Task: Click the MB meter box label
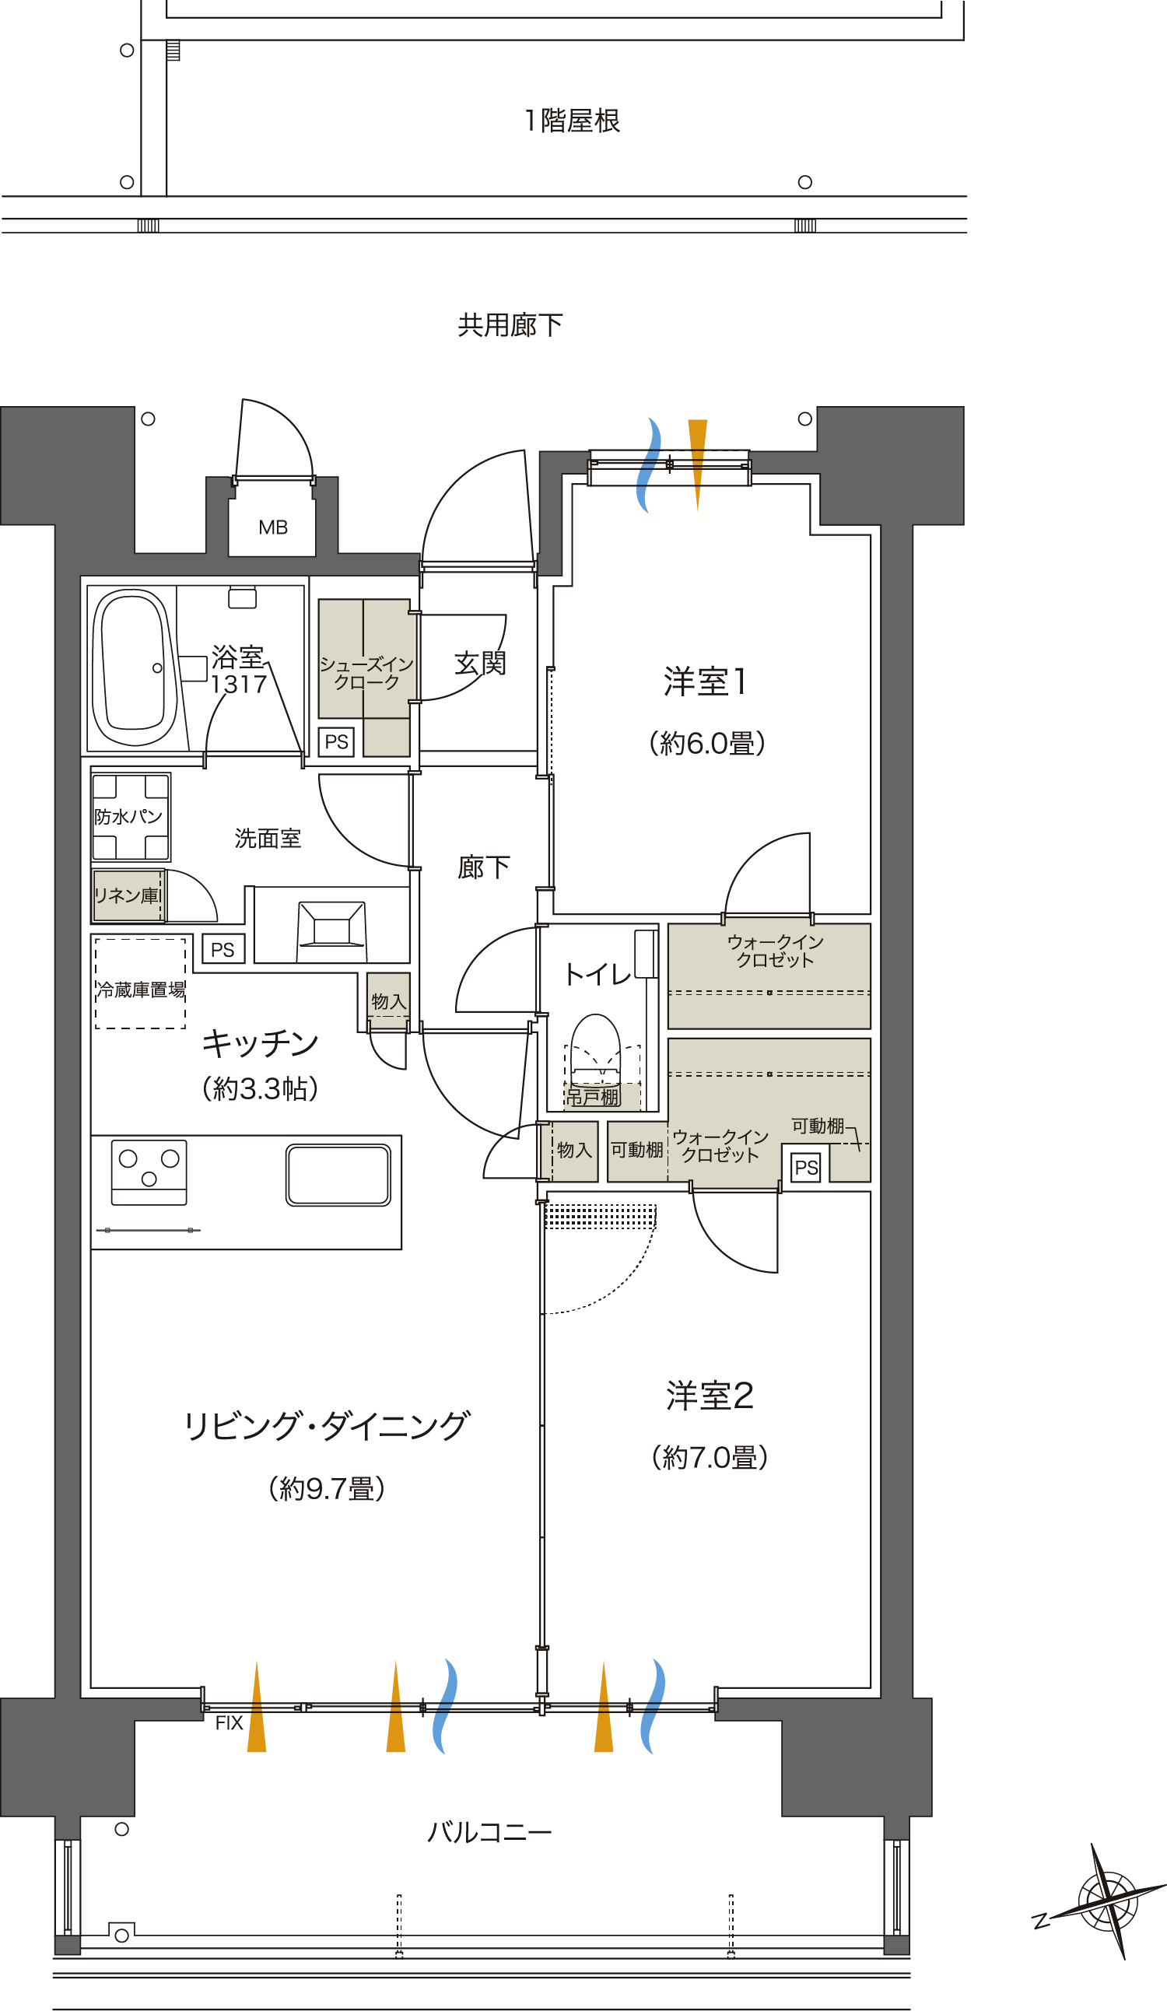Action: tap(272, 527)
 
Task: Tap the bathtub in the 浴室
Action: tap(134, 667)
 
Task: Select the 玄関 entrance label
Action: tap(480, 663)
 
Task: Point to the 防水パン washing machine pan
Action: tap(130, 816)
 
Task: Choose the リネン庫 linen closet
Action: tap(128, 895)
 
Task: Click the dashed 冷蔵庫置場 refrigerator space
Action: tap(141, 983)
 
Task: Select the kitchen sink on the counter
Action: tap(338, 1175)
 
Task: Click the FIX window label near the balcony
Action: tap(228, 1723)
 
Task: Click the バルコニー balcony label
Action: tap(489, 1831)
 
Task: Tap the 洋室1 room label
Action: tap(706, 681)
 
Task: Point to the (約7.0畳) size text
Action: tap(709, 1457)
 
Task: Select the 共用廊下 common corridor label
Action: tap(510, 324)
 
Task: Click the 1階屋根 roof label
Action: tap(572, 121)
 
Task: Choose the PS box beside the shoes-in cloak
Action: tap(336, 742)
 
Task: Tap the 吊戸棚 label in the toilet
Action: tap(592, 1097)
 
